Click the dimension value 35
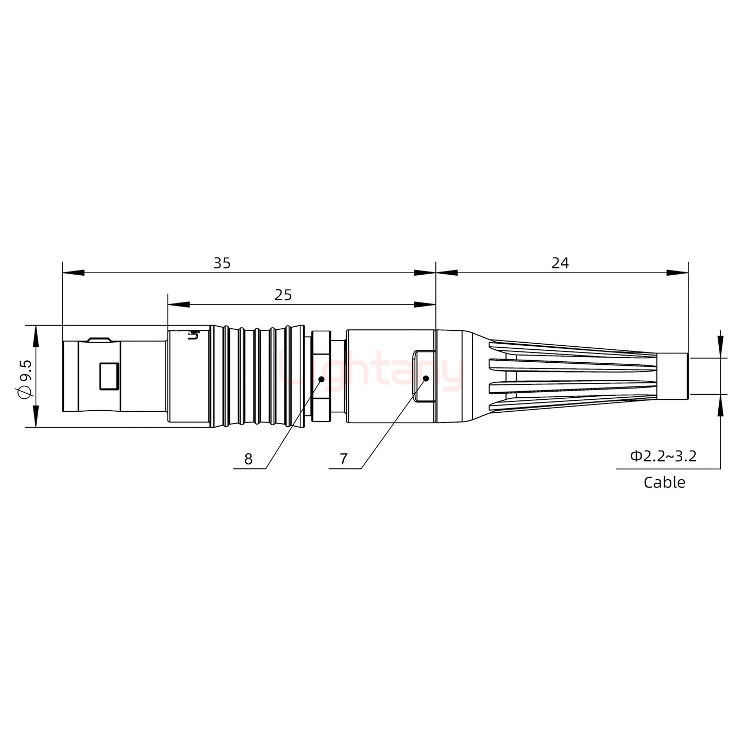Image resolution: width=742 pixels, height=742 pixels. click(x=222, y=263)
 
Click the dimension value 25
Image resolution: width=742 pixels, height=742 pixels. click(x=283, y=295)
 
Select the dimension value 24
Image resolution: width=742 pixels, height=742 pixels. click(x=560, y=263)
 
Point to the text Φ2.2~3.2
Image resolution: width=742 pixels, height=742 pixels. click(x=663, y=456)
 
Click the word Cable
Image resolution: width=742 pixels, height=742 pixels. click(x=664, y=483)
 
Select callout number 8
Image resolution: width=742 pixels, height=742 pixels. click(x=248, y=459)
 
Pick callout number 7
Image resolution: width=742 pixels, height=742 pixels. click(x=344, y=459)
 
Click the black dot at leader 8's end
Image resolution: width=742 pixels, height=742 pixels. click(x=321, y=379)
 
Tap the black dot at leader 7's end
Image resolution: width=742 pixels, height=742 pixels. click(x=426, y=379)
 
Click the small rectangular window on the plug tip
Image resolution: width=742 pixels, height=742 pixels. click(x=109, y=376)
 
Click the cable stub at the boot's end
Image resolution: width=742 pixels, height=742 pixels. click(x=673, y=376)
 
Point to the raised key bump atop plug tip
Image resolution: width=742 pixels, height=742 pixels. click(x=99, y=340)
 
